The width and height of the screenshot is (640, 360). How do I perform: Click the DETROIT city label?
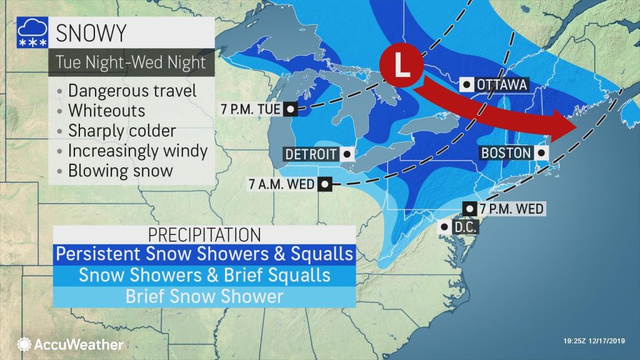(311, 154)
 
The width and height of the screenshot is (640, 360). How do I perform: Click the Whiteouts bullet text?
(106, 111)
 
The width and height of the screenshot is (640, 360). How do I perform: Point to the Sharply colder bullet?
(121, 131)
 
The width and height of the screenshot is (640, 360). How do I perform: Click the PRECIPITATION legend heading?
(204, 235)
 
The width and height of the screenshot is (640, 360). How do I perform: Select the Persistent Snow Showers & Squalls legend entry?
(204, 254)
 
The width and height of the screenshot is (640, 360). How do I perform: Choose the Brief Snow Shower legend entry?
(204, 296)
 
